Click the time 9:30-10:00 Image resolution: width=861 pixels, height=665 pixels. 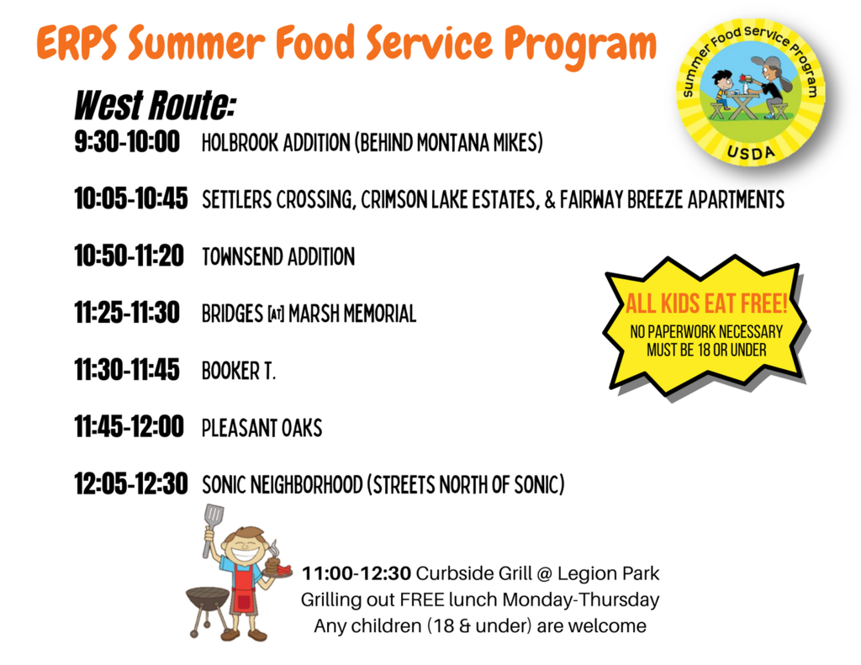coord(127,142)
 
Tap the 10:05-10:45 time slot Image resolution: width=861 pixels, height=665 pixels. coord(131,198)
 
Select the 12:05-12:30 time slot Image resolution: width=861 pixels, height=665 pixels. coord(131,483)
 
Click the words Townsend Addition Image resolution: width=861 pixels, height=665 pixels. coord(278,256)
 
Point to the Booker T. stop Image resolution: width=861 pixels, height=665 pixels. coord(239,371)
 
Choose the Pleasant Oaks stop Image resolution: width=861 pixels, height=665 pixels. coord(262,428)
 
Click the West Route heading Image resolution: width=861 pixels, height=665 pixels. coord(155,105)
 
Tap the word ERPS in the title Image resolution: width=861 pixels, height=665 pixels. coord(77,43)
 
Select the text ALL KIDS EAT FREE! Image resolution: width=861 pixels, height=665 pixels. coord(706,303)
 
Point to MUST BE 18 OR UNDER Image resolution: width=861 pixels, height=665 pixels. coord(706,350)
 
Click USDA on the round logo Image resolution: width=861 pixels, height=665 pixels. coord(751,153)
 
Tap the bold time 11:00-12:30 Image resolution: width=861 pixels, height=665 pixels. coord(357,573)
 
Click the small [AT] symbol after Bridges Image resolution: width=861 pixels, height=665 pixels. coord(276,314)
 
